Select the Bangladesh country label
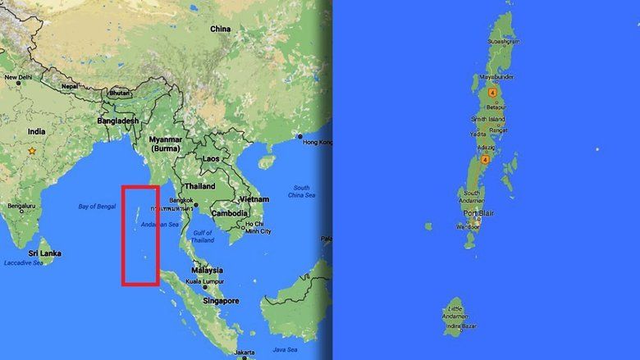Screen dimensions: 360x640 tap(117, 121)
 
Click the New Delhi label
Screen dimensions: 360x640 tap(21, 77)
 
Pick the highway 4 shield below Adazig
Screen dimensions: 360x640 tap(485, 158)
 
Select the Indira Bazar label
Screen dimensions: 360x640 tap(461, 326)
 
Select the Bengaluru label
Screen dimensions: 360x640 tap(22, 205)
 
